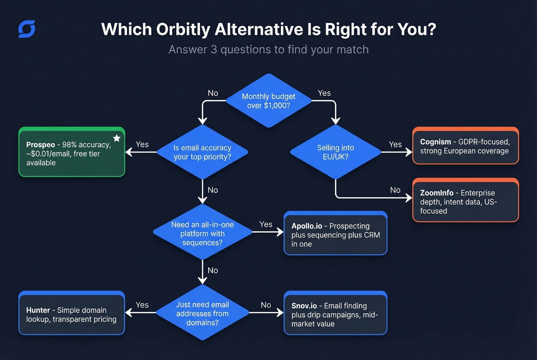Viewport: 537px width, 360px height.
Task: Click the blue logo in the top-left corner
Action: (27, 29)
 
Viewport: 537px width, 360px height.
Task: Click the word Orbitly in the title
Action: (183, 30)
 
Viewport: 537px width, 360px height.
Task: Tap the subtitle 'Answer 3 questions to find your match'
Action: (268, 50)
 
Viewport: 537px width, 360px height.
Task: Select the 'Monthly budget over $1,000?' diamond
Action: (268, 101)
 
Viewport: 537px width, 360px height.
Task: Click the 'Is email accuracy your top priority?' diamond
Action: (203, 152)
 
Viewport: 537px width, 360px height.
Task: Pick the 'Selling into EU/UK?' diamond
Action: (336, 152)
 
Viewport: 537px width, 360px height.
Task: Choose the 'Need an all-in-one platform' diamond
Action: (203, 233)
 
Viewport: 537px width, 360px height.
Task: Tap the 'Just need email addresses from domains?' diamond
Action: (203, 313)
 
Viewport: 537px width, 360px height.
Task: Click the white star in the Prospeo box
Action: (117, 138)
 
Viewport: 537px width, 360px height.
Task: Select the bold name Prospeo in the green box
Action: (41, 145)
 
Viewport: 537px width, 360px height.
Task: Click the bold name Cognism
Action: (435, 142)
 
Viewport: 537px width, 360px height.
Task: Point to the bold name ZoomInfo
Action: (437, 193)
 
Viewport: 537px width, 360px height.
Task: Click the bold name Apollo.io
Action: (306, 226)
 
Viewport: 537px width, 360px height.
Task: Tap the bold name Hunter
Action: (38, 310)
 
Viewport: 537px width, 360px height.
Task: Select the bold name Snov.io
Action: (304, 306)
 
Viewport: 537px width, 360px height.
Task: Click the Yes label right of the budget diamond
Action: (324, 93)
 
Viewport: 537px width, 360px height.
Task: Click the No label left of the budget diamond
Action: (213, 93)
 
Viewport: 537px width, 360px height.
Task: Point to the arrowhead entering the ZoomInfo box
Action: (409, 198)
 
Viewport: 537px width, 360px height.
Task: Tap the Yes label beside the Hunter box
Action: (142, 305)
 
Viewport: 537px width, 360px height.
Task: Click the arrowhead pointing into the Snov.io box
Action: (280, 313)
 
